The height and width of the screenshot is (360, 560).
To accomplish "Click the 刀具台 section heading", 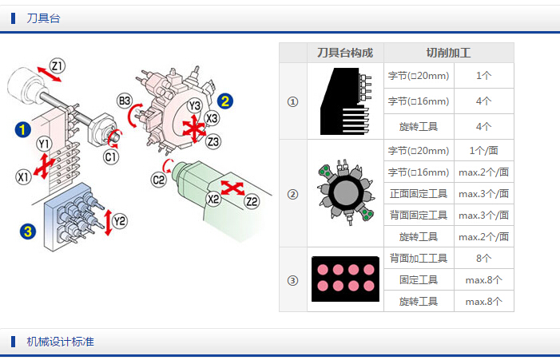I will click(43, 18).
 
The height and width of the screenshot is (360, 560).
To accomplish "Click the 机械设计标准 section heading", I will click(60, 342).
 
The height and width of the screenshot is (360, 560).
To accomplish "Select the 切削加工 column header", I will click(448, 53).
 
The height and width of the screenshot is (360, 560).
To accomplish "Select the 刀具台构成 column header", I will click(345, 53).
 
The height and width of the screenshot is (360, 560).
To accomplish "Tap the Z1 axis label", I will click(58, 65).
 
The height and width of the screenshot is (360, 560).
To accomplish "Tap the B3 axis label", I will click(125, 101).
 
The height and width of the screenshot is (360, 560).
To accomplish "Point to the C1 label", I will click(111, 156).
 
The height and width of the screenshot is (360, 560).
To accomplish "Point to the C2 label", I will click(159, 180).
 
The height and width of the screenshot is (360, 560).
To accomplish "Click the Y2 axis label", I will click(120, 220).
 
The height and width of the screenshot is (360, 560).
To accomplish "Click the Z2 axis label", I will click(252, 201).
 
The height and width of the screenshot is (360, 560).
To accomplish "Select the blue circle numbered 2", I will click(225, 101).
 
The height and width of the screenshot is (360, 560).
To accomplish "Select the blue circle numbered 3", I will click(28, 231).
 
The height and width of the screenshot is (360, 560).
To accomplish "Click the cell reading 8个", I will click(483, 258).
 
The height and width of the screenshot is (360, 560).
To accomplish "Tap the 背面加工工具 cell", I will click(419, 258).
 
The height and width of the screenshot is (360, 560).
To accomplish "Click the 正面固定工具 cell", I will click(419, 193).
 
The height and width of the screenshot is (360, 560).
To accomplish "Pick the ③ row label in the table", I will click(292, 279).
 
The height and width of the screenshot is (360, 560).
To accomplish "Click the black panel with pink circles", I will click(345, 279).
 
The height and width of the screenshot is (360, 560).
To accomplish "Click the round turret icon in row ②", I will click(345, 192).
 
